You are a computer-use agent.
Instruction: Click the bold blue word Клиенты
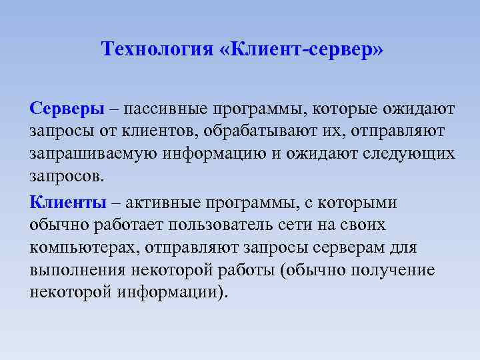click(x=67, y=202)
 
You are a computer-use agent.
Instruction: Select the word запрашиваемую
click(x=93, y=154)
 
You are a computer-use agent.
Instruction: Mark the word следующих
click(x=408, y=154)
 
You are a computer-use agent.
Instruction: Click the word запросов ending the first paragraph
click(x=67, y=178)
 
